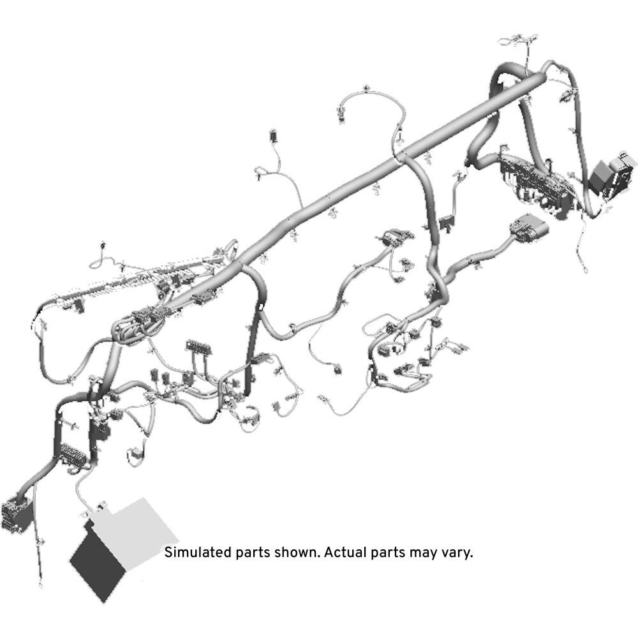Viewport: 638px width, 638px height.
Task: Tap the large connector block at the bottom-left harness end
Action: pyautogui.click(x=15, y=515)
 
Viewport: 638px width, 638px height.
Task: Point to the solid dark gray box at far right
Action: pyautogui.click(x=600, y=175)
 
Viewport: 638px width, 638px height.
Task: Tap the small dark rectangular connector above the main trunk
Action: pyautogui.click(x=273, y=136)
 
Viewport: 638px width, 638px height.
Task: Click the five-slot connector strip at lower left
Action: pyautogui.click(x=198, y=346)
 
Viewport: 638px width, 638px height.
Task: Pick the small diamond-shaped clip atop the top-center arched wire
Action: pyautogui.click(x=367, y=87)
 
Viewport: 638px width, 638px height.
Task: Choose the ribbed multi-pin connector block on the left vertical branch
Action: pyautogui.click(x=73, y=453)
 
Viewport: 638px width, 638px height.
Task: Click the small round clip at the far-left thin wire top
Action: pyautogui.click(x=103, y=245)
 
